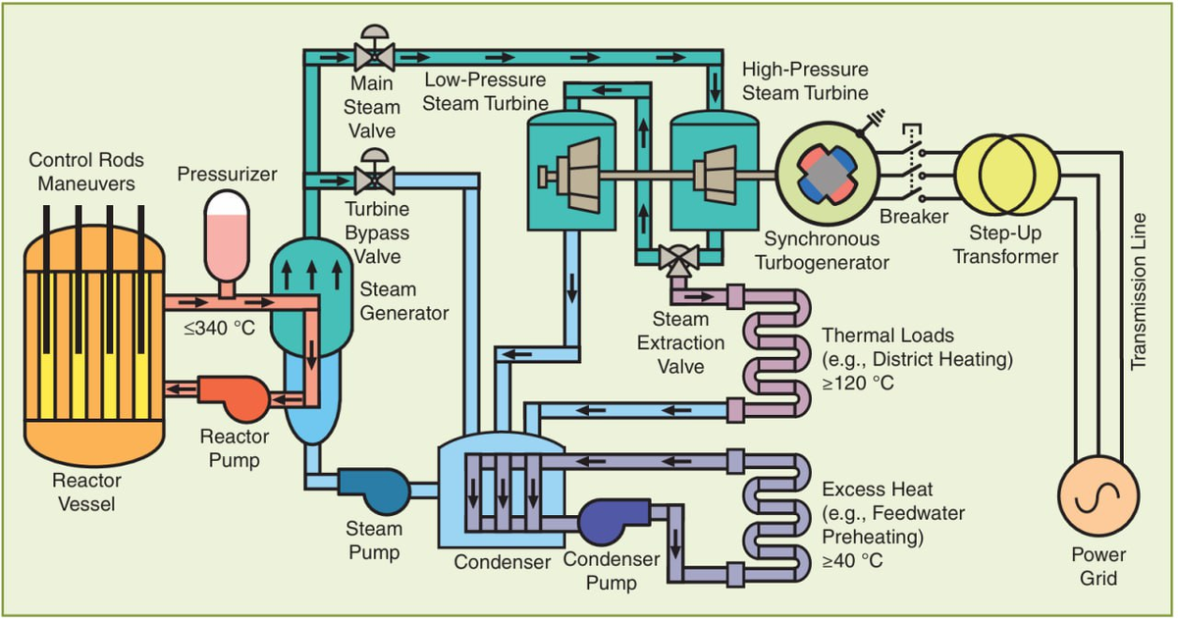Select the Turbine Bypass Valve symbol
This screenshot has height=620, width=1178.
[374, 172]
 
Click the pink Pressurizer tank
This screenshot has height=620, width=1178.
[227, 236]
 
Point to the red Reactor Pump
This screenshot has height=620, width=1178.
[234, 398]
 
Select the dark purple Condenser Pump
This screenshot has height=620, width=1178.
[614, 521]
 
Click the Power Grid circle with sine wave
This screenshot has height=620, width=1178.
[1098, 495]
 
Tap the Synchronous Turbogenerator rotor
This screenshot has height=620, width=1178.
[828, 174]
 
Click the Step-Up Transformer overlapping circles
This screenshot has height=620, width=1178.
[1007, 175]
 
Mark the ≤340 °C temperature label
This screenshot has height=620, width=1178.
[219, 329]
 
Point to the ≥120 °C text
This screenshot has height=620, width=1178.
[858, 383]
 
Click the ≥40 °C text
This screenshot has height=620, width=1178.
[852, 560]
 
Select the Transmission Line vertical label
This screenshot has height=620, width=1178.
[1138, 291]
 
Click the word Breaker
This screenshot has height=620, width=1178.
[914, 217]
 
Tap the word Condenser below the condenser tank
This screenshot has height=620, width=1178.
[503, 562]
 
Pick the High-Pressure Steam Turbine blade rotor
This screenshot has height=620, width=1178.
[715, 176]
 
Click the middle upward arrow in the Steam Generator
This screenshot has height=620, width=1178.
[312, 276]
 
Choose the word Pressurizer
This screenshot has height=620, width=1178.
[227, 174]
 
